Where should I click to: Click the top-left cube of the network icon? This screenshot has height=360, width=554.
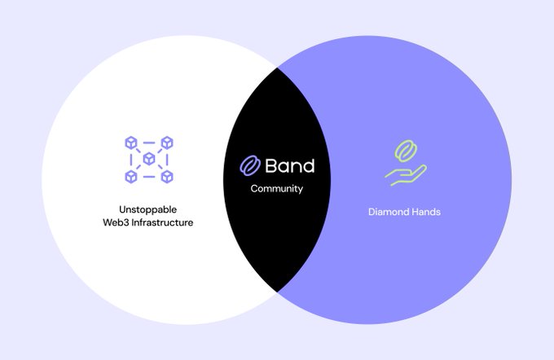pos(130,143)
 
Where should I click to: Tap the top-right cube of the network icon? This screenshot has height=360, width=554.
pos(166,143)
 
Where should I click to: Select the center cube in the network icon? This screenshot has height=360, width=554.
pos(148,159)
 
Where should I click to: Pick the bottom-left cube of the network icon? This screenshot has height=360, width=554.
pos(130,176)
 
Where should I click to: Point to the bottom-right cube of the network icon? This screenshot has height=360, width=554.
pos(166,176)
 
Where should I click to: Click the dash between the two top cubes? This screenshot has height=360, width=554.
pos(148,143)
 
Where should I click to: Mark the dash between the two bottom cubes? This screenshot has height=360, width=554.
pos(148,177)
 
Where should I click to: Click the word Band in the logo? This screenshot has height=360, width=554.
pos(289,166)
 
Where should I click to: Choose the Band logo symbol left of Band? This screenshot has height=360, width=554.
pos(248,166)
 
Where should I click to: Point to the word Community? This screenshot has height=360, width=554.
pos(276,189)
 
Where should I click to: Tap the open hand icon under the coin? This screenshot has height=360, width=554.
pos(404,174)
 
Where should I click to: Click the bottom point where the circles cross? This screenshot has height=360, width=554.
pos(277,292)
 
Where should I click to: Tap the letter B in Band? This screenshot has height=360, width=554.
pos(272,166)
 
